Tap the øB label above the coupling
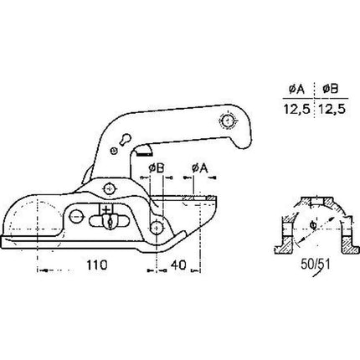pyautogui.click(x=157, y=168)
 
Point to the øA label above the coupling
pyautogui.click(x=198, y=168)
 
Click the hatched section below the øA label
pyautogui.click(x=197, y=198)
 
